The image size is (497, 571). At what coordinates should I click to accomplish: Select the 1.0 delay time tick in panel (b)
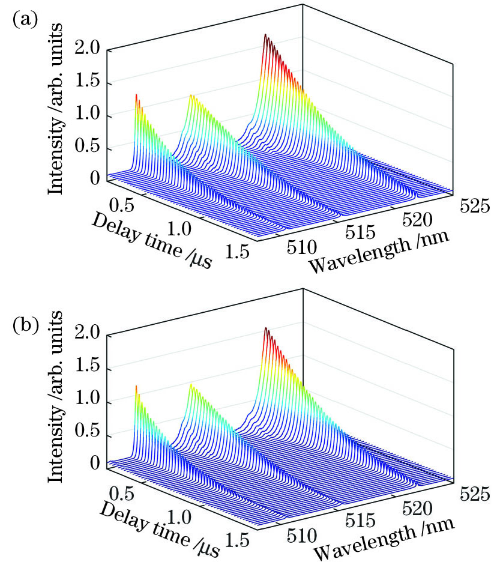(179, 515)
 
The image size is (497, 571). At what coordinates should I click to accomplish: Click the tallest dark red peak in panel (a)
(265, 35)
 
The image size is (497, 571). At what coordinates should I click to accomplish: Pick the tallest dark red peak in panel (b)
(265, 329)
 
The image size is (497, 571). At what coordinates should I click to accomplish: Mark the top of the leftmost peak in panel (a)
(136, 95)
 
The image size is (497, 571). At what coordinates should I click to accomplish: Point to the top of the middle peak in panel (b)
(191, 385)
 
